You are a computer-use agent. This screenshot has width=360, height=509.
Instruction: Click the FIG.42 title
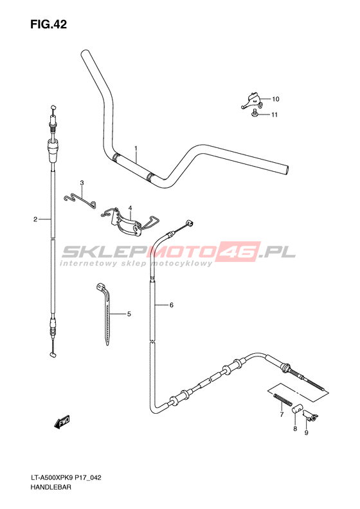[49, 24]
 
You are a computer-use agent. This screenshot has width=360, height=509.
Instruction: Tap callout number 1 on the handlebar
[136, 149]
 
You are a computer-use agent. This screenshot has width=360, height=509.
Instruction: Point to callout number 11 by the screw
[274, 115]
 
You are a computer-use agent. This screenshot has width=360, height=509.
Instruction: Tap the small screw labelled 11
[255, 113]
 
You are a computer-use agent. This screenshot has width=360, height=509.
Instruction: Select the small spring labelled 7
[283, 399]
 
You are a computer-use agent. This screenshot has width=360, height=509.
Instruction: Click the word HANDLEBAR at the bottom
[51, 487]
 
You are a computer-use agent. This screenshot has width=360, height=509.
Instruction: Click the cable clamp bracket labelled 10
[251, 100]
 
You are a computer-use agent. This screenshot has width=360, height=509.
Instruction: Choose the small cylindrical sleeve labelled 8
[297, 409]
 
